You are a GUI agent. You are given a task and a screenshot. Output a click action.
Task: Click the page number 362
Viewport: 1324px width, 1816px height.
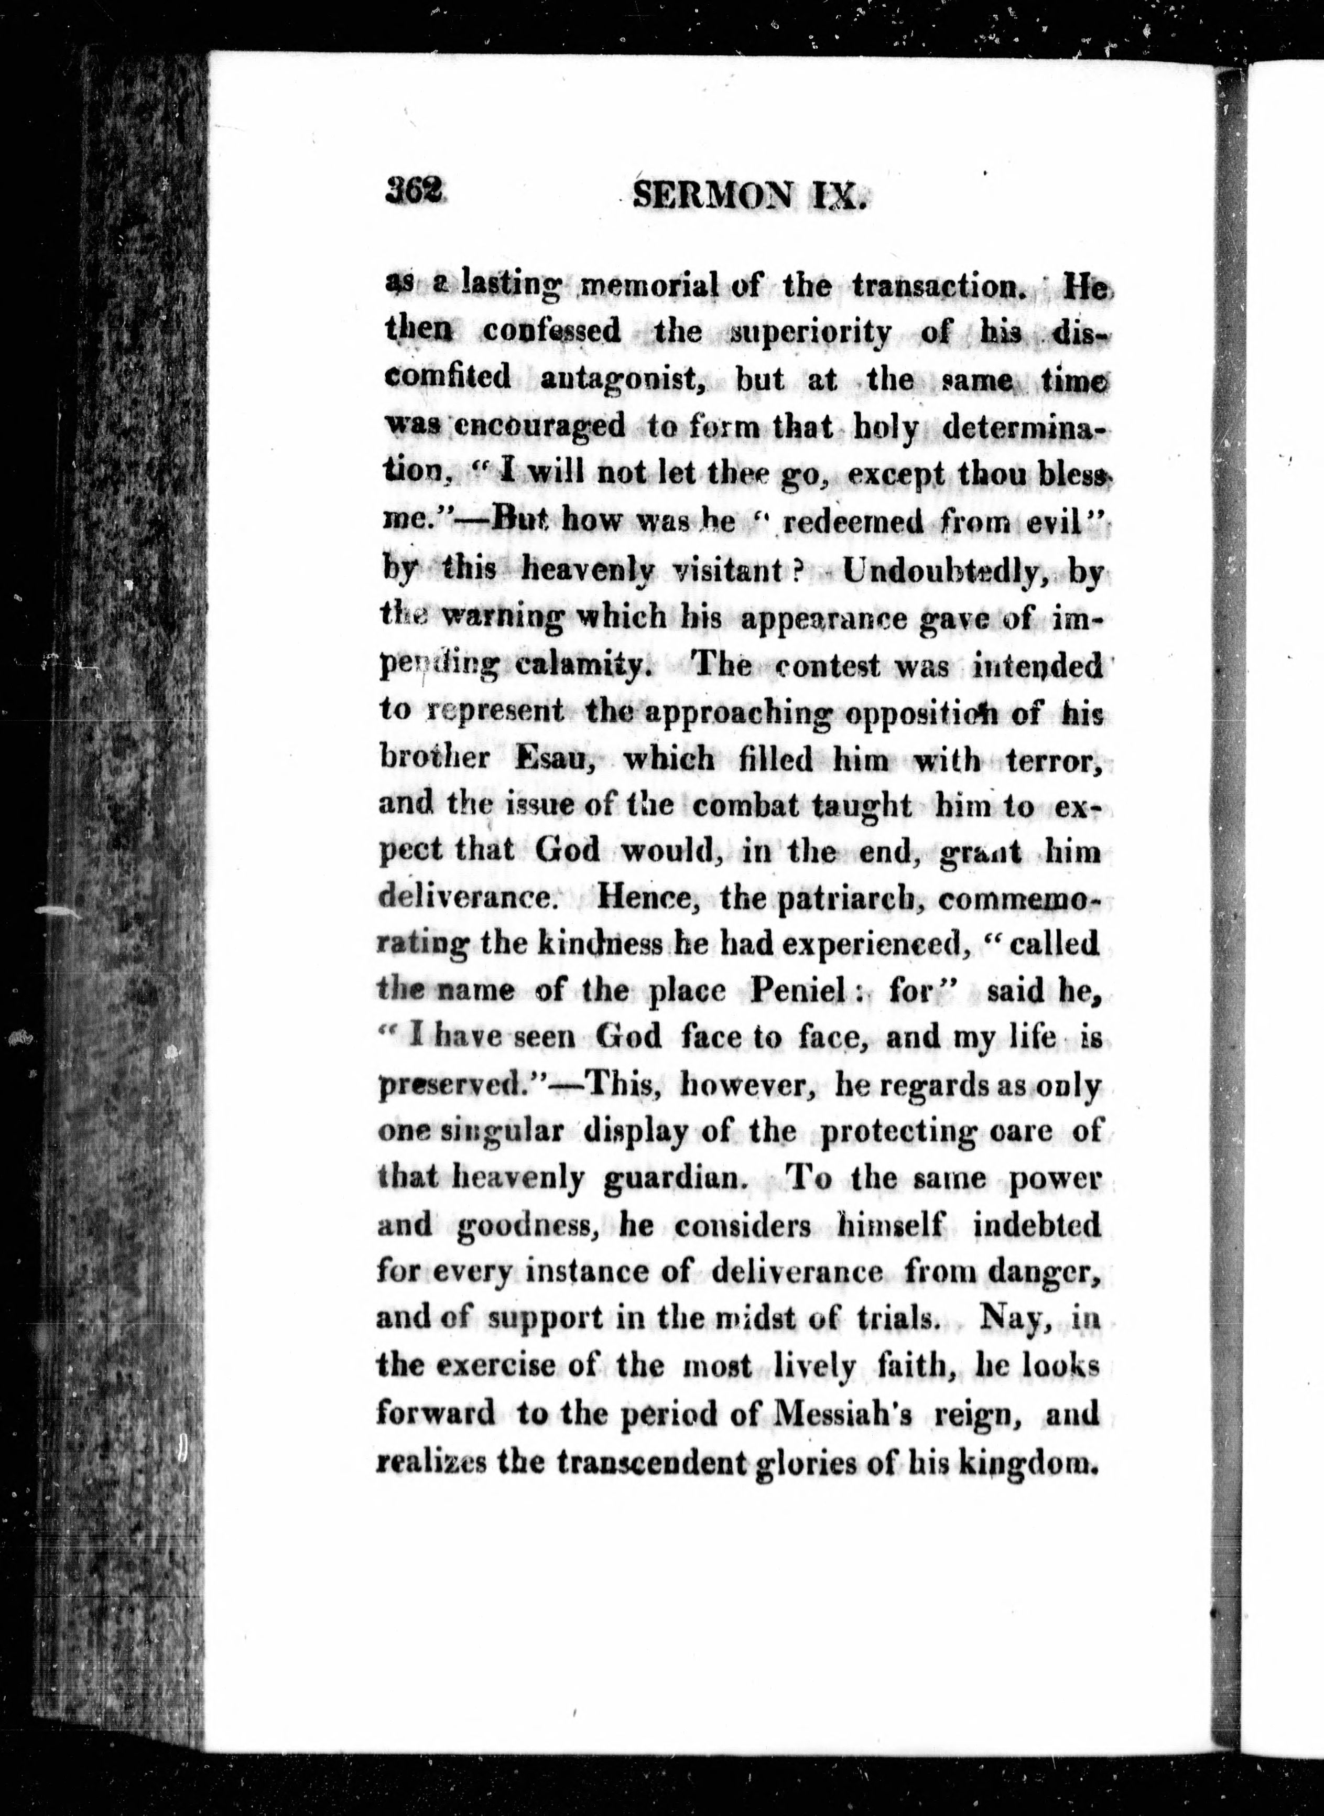tap(414, 192)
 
